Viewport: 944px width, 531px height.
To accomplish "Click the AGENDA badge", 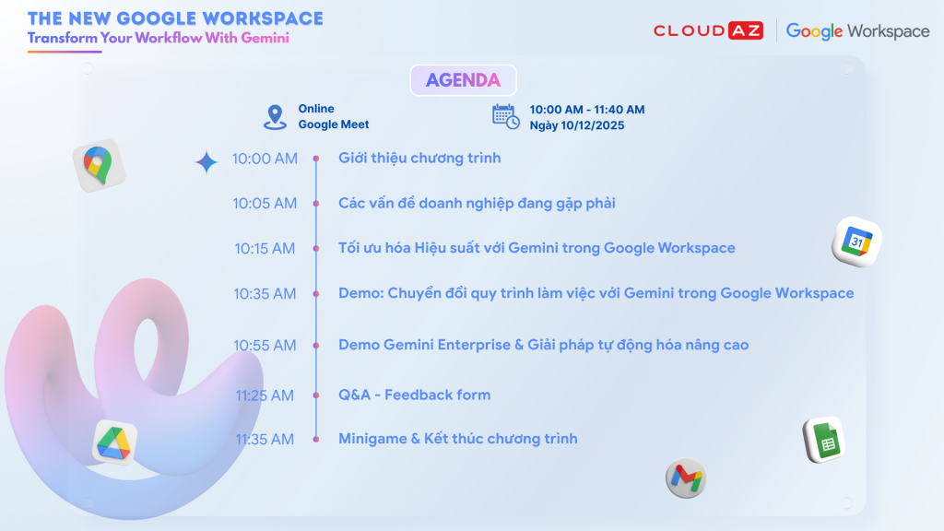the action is click(x=463, y=80).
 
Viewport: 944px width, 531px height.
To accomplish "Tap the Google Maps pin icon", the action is click(x=99, y=166).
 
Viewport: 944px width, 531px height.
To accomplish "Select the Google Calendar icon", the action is click(x=856, y=242).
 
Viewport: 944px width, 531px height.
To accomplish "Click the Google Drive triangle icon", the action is click(x=114, y=443).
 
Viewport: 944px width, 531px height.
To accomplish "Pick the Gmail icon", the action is click(x=686, y=478).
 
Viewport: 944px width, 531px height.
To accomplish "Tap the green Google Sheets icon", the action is click(x=824, y=440).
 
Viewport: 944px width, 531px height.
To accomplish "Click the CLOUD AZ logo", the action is click(x=709, y=30).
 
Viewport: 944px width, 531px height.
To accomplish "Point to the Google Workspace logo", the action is click(x=858, y=31).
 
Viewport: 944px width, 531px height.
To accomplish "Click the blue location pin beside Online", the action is click(x=275, y=117).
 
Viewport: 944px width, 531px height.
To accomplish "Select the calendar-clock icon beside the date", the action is click(x=506, y=116).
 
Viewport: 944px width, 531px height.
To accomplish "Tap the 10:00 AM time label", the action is click(x=265, y=159).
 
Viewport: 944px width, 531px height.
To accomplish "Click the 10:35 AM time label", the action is click(x=265, y=294).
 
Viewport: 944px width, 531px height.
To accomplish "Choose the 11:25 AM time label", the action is click(x=265, y=395).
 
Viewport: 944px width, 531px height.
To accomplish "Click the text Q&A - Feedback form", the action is click(x=414, y=395).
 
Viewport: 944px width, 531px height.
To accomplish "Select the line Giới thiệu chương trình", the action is click(x=419, y=159).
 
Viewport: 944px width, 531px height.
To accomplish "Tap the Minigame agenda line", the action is click(x=457, y=438).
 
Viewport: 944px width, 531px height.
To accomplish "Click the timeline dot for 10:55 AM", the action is click(x=316, y=346).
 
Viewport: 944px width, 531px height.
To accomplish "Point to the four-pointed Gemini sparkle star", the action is click(x=206, y=162).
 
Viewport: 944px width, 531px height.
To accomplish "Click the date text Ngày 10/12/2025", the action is click(x=577, y=125).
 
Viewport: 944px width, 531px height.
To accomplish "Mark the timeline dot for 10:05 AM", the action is click(x=316, y=204).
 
